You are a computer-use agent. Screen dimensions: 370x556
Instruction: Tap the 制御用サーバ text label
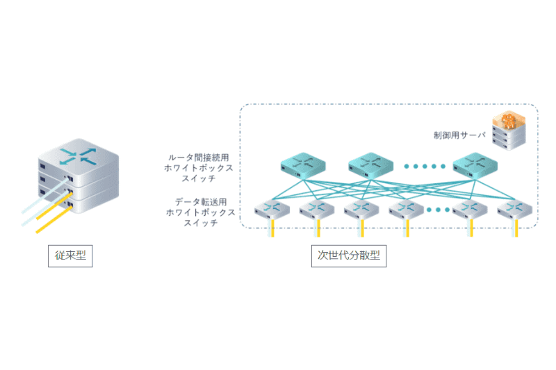coord(455,135)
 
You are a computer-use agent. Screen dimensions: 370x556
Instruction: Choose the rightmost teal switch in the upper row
coord(475,164)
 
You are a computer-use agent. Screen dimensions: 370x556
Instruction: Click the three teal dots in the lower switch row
coord(438,209)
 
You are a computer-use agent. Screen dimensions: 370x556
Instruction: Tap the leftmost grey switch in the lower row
coord(271,208)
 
